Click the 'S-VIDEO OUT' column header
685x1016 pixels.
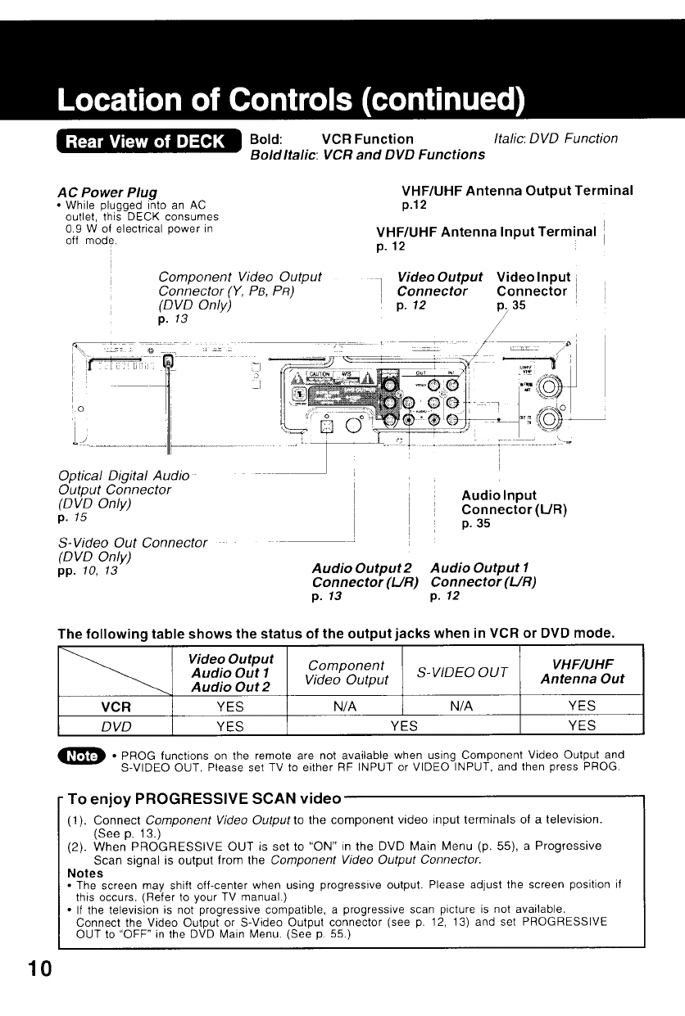[461, 672]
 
